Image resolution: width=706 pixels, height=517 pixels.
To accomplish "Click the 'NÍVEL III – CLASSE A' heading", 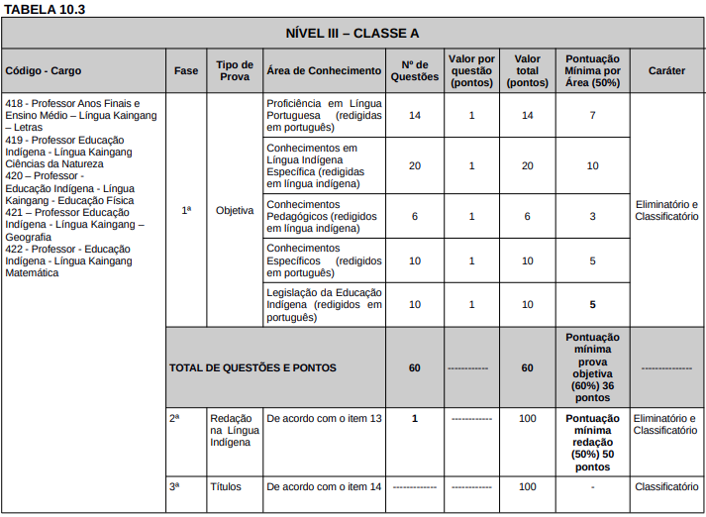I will pyautogui.click(x=352, y=33).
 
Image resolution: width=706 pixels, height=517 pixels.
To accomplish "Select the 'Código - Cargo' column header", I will pyautogui.click(x=44, y=71).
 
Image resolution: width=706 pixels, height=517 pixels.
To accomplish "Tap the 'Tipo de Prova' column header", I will pyautogui.click(x=235, y=70).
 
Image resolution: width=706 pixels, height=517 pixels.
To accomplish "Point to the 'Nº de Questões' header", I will pyautogui.click(x=414, y=70).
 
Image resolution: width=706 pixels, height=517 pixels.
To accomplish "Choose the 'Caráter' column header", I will pyautogui.click(x=666, y=71).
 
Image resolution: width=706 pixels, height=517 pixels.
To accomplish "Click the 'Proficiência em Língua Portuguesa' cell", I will pyautogui.click(x=324, y=116).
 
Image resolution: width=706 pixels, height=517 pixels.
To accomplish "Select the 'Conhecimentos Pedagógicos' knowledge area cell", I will pyautogui.click(x=324, y=216).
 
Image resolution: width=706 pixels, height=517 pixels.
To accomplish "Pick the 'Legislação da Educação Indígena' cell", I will pyautogui.click(x=324, y=305).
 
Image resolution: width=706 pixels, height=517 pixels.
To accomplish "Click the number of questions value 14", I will pyautogui.click(x=414, y=116).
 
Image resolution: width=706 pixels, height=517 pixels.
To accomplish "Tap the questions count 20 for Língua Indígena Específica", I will pyautogui.click(x=414, y=165).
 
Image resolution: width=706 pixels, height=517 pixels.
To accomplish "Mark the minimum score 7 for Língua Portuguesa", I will pyautogui.click(x=592, y=116).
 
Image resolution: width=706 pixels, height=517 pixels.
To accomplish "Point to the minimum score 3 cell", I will pyautogui.click(x=592, y=216).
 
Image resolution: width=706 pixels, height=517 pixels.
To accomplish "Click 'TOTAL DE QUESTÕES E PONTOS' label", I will pyautogui.click(x=252, y=367).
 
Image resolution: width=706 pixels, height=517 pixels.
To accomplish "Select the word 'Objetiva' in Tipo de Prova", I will pyautogui.click(x=235, y=210).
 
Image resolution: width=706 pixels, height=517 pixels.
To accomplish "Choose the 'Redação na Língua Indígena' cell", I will pyautogui.click(x=235, y=430).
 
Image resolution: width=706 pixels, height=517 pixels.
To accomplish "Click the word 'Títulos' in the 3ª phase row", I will pyautogui.click(x=226, y=487).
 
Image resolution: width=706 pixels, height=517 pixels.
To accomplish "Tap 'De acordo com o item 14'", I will pyautogui.click(x=324, y=487).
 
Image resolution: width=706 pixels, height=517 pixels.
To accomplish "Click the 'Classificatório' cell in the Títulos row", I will pyautogui.click(x=666, y=487).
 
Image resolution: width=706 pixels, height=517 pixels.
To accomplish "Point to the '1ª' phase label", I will pyautogui.click(x=186, y=210).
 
